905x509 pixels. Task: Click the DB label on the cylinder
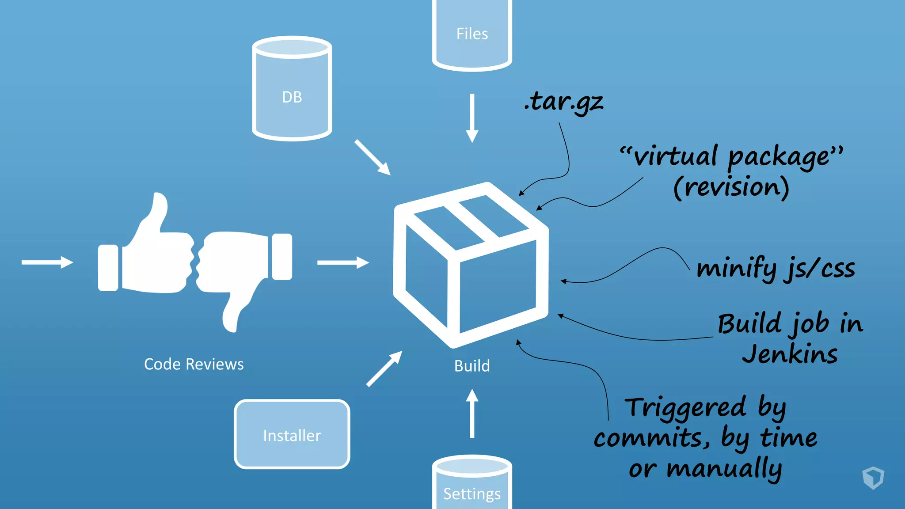coord(292,97)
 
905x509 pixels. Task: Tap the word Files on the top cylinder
coord(472,34)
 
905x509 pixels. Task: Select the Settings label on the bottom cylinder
coord(472,494)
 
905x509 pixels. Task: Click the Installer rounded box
coord(292,435)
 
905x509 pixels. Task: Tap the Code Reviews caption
coord(194,364)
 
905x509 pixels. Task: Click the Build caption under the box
coord(472,366)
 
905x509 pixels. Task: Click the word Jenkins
coord(790,354)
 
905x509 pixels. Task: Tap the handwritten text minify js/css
coord(776,269)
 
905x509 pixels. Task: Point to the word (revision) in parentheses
coord(731,187)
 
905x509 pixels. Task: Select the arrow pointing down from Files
coord(472,118)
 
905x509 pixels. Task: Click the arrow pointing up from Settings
coord(472,413)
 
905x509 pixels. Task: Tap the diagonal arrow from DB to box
coord(372,157)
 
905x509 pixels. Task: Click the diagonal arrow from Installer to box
coord(384,369)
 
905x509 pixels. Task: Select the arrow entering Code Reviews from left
coord(47,262)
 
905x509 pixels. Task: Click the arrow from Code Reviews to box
coord(343,262)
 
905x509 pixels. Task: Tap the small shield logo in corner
coord(873,478)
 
